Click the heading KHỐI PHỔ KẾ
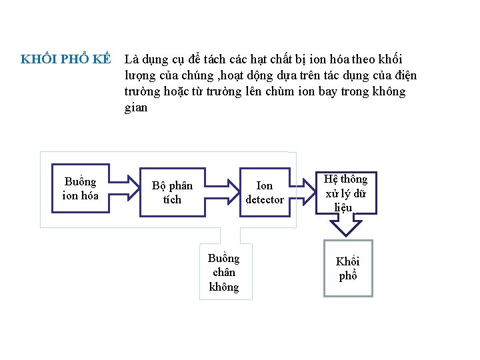pyautogui.click(x=65, y=59)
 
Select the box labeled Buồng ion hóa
pyautogui.click(x=80, y=189)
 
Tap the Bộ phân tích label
pyautogui.click(x=172, y=192)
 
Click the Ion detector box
pyautogui.click(x=265, y=193)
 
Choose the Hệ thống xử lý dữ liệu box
pyautogui.click(x=346, y=193)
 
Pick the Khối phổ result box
pyautogui.click(x=347, y=268)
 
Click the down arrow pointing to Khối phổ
pyautogui.click(x=346, y=227)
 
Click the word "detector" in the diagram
pyautogui.click(x=265, y=199)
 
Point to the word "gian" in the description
pyautogui.click(x=136, y=107)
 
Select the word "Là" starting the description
pyautogui.click(x=132, y=59)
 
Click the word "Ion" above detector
pyautogui.click(x=265, y=186)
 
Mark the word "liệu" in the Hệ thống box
pyautogui.click(x=343, y=207)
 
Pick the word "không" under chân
pyautogui.click(x=224, y=287)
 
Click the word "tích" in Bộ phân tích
pyautogui.click(x=172, y=199)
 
